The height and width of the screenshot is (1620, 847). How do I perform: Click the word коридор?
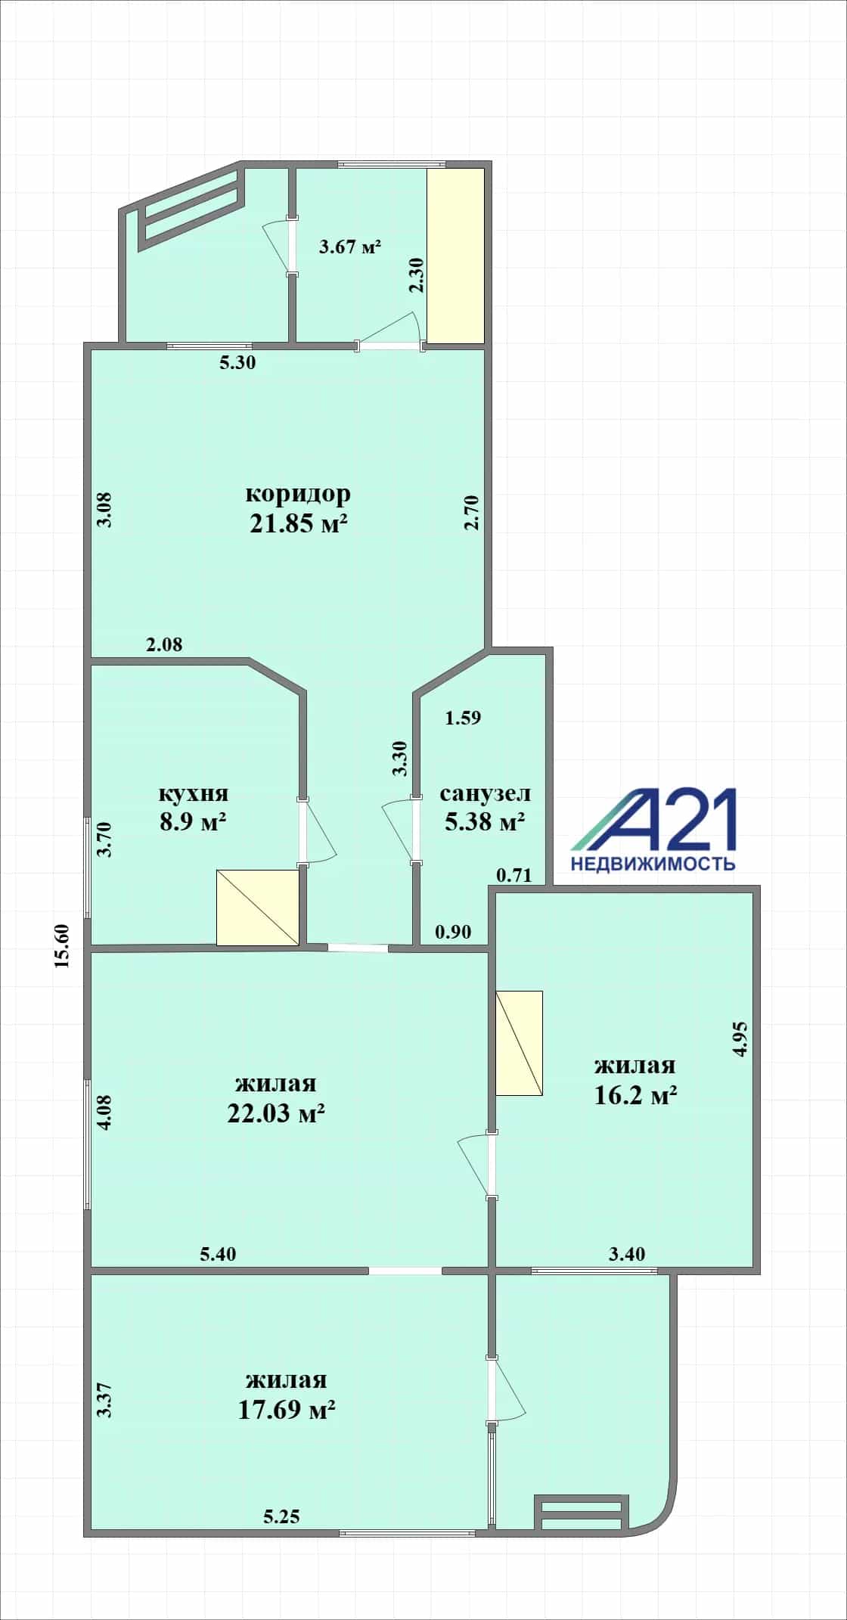(298, 494)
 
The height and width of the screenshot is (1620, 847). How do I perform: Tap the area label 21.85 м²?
(299, 523)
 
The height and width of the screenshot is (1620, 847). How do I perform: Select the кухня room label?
(194, 794)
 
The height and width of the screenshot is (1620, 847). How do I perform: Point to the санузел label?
(486, 794)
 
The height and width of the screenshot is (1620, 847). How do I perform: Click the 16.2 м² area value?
(635, 1095)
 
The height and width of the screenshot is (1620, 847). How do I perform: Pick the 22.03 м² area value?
(277, 1113)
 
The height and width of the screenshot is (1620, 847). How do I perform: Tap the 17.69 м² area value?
(287, 1409)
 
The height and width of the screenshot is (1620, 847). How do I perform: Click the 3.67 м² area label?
(349, 247)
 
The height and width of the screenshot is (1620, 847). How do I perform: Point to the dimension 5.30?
(237, 362)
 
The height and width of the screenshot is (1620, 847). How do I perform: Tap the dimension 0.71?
(514, 876)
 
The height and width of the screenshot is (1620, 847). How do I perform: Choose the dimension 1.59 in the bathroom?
(463, 718)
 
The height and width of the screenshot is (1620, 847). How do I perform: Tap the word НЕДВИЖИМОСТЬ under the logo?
(653, 863)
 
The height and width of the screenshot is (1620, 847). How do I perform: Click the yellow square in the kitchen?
(258, 908)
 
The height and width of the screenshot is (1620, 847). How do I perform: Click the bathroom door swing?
(400, 830)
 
